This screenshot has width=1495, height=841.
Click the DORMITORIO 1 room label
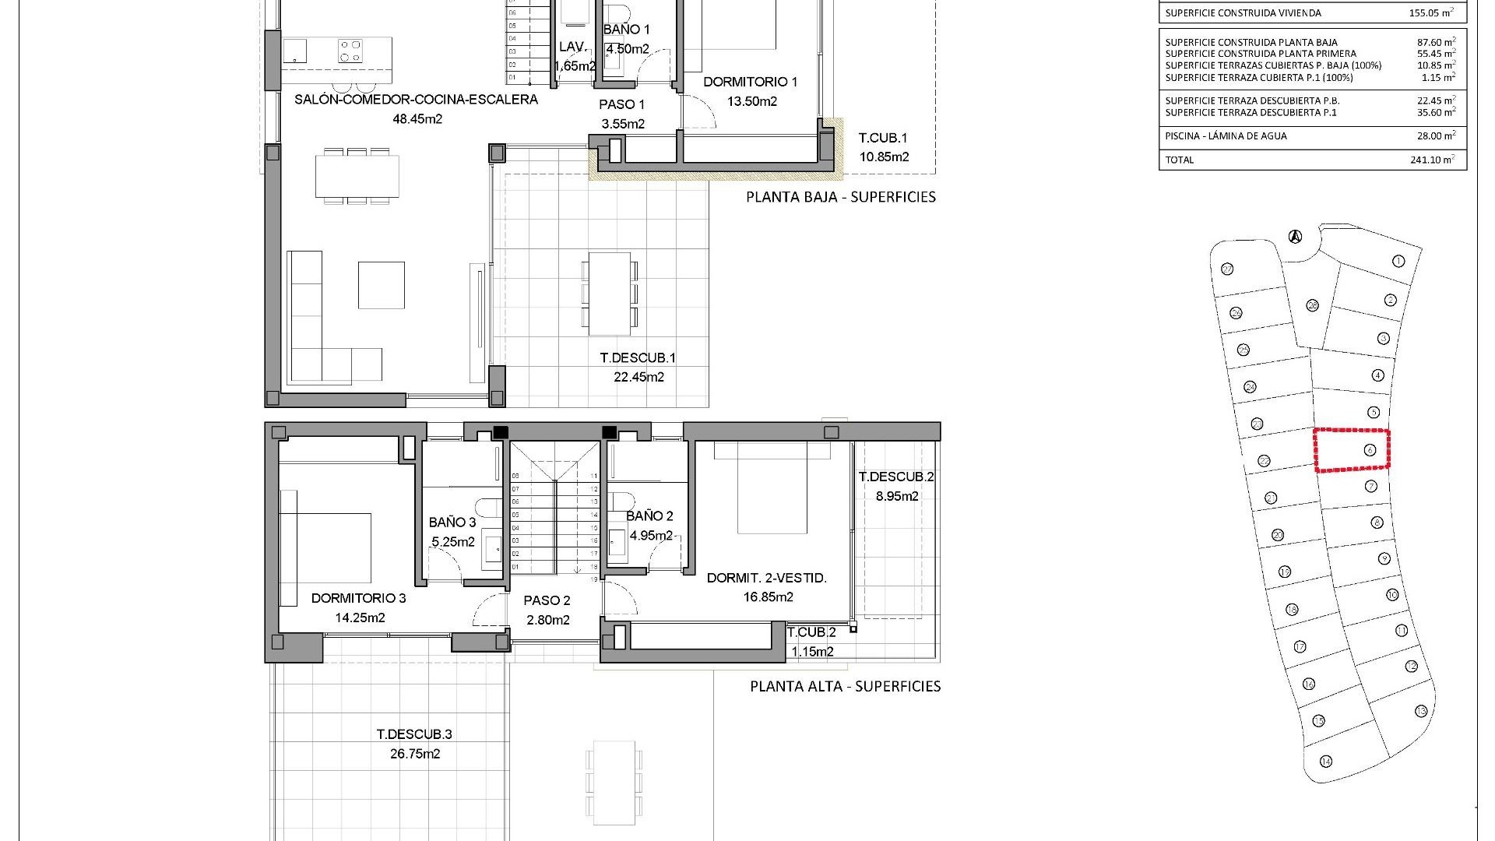point(750,82)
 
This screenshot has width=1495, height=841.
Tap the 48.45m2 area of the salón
point(417,119)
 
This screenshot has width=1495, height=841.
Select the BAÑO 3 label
point(452,523)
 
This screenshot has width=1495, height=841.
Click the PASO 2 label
point(547,600)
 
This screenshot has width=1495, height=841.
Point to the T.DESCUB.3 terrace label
point(414,734)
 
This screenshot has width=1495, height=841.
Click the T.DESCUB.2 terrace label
point(896,477)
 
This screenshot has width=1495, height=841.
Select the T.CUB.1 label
point(883,138)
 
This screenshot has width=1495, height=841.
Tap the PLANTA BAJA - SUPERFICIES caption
point(841,197)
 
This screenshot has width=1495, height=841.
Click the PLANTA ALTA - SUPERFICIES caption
point(845,686)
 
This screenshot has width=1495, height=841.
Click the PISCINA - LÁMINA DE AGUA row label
point(1226,135)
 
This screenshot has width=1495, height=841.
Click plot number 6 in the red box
point(1370,450)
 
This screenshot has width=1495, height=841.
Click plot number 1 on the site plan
point(1398,261)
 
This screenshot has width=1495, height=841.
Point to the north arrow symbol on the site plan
point(1295,236)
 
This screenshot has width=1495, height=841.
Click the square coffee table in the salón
point(381,285)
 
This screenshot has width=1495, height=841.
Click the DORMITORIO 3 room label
point(358,598)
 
